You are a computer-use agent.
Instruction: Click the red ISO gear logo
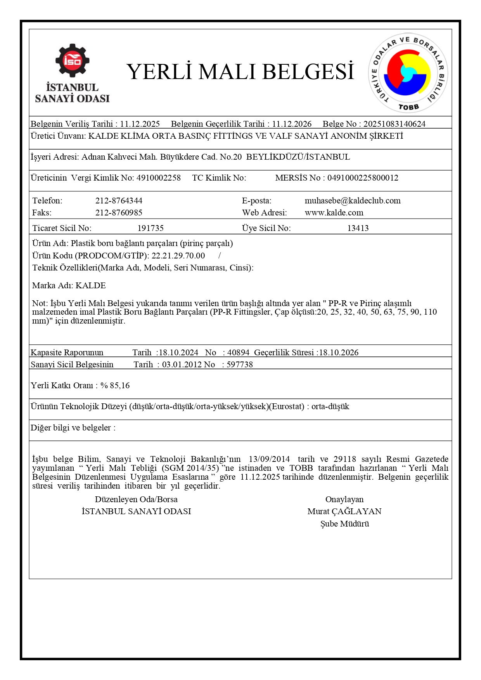72,60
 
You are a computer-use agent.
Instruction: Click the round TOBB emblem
407,73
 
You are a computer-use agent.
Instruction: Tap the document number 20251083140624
394,124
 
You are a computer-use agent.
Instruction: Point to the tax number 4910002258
158,178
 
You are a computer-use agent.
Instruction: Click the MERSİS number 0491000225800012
363,178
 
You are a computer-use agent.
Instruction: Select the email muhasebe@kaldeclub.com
352,201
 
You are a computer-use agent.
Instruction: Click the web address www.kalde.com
334,213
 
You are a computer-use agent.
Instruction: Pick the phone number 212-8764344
119,201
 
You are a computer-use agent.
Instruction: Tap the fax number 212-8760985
119,213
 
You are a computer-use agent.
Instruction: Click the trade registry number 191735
151,228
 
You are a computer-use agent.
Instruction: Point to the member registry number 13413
358,228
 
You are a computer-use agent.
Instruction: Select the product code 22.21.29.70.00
178,256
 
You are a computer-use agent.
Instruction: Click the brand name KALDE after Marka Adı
90,286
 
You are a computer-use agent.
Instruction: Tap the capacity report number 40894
238,353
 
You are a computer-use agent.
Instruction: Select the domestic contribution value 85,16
120,386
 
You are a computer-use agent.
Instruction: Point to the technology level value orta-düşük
330,406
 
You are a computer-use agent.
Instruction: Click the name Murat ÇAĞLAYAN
344,511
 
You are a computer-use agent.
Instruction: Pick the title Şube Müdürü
344,524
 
